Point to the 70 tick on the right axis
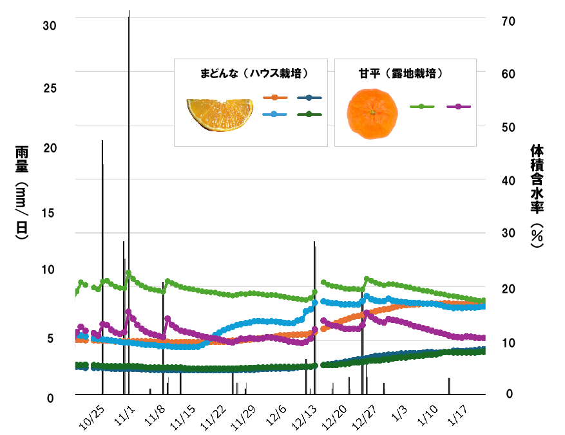[x=508, y=21]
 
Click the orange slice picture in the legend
[x=220, y=115]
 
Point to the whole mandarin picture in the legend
[x=372, y=115]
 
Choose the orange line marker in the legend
[x=275, y=98]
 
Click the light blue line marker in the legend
[x=275, y=115]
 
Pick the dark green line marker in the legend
[x=310, y=115]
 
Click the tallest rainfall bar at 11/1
[x=129, y=193]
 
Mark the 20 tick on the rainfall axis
[x=50, y=148]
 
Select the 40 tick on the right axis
[x=508, y=180]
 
